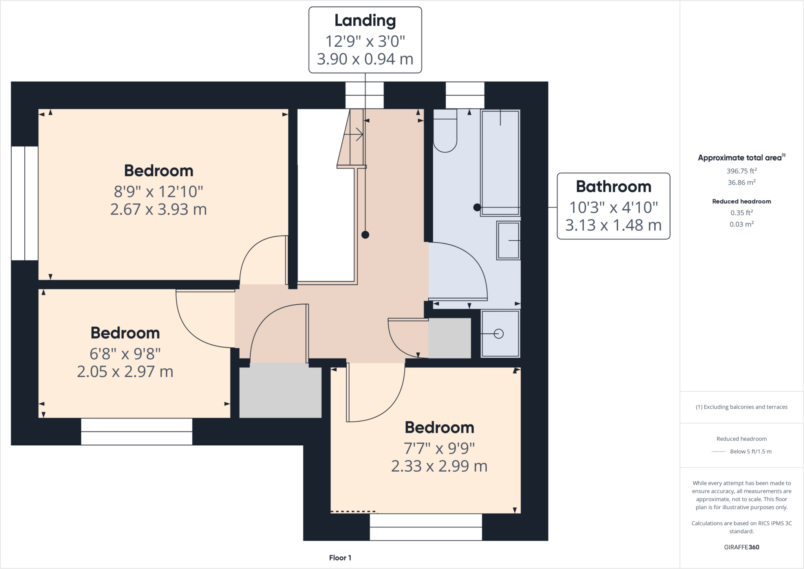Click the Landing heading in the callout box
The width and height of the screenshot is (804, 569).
[x=365, y=21]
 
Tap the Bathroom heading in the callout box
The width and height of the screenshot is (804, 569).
[x=613, y=187]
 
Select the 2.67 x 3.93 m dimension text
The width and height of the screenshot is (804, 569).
[x=158, y=209]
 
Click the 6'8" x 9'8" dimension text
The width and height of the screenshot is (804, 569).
[x=125, y=354]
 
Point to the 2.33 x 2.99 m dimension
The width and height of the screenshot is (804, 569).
[x=439, y=466]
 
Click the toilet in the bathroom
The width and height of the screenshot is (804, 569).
[x=445, y=132]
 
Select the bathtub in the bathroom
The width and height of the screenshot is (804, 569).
[x=500, y=163]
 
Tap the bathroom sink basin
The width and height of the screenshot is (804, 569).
[x=508, y=240]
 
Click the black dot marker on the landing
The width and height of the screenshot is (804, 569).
[x=365, y=235]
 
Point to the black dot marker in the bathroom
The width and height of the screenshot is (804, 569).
[x=477, y=207]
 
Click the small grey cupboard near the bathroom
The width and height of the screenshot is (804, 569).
[x=450, y=338]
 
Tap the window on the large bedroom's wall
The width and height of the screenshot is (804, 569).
[x=24, y=203]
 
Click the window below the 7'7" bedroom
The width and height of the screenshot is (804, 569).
[x=426, y=527]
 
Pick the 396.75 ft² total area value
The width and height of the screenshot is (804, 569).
[x=741, y=171]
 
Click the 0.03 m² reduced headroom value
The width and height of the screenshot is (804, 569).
[x=741, y=224]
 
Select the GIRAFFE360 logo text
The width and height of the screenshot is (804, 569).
[x=741, y=547]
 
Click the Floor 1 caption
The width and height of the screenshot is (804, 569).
[x=340, y=558]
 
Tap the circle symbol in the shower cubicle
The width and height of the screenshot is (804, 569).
[x=499, y=334]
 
